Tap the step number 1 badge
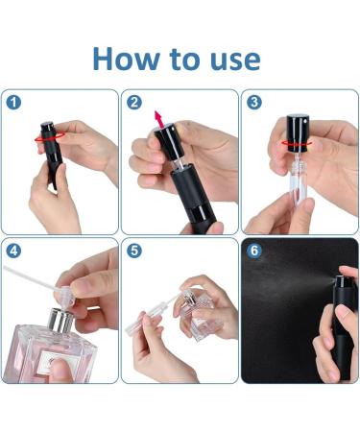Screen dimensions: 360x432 tap(13, 103)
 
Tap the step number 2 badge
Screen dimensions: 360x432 tap(134, 103)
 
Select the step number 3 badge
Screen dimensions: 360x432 tap(254, 103)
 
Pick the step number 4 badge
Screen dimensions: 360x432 tap(13, 251)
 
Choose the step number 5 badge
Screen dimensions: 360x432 tap(134, 251)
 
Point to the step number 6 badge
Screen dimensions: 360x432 tap(254, 251)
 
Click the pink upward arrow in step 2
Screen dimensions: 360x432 tap(158, 119)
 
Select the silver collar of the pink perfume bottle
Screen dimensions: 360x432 tap(60, 321)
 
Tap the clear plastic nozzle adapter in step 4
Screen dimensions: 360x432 tap(66, 297)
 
